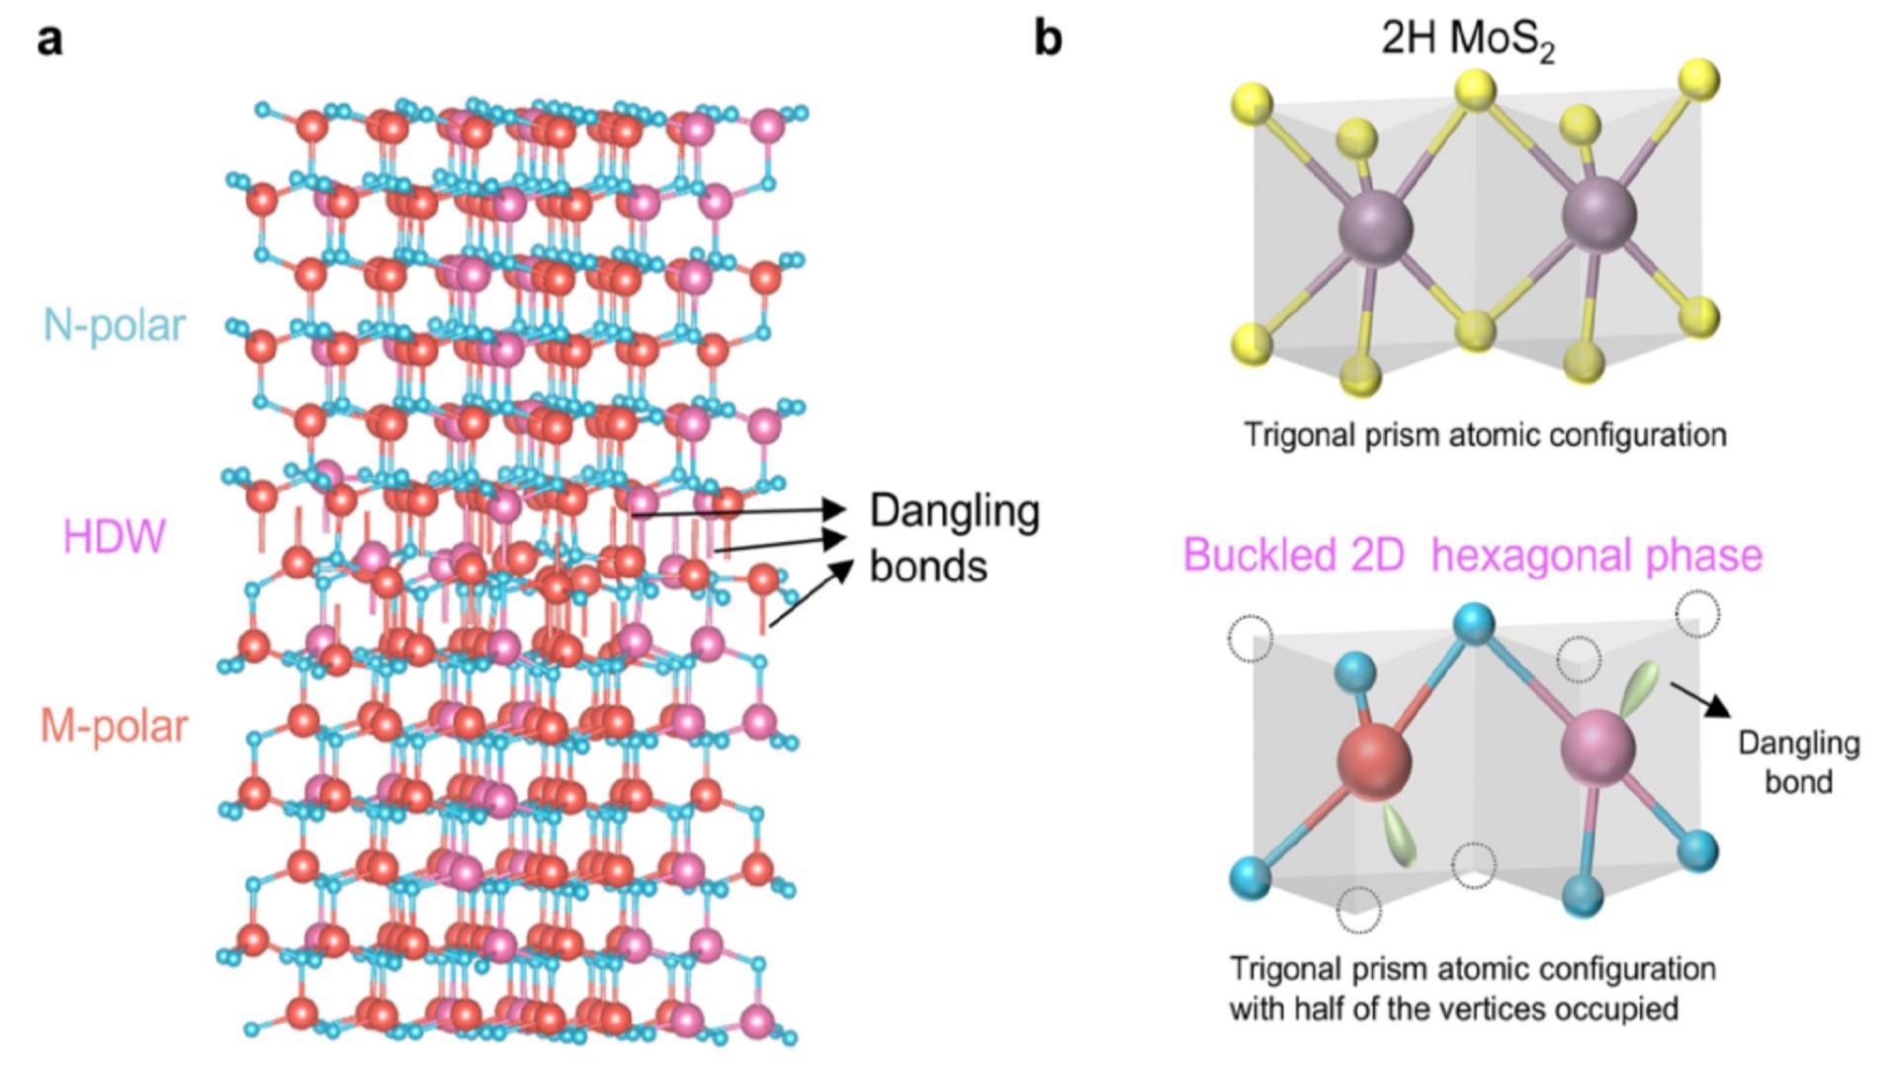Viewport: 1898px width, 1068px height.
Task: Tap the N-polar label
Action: click(115, 325)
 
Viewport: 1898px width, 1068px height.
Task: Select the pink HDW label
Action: click(114, 537)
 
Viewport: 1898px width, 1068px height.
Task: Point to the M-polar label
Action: click(114, 727)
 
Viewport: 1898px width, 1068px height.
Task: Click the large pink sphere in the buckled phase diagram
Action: click(1597, 747)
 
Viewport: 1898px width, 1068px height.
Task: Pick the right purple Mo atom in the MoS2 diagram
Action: click(1598, 215)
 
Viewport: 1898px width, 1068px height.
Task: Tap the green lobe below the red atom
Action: click(1401, 837)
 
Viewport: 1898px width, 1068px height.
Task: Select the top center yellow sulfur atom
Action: click(1476, 89)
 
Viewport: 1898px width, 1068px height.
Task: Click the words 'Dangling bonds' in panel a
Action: click(954, 539)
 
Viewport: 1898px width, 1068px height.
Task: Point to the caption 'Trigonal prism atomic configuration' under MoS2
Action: click(1485, 435)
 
